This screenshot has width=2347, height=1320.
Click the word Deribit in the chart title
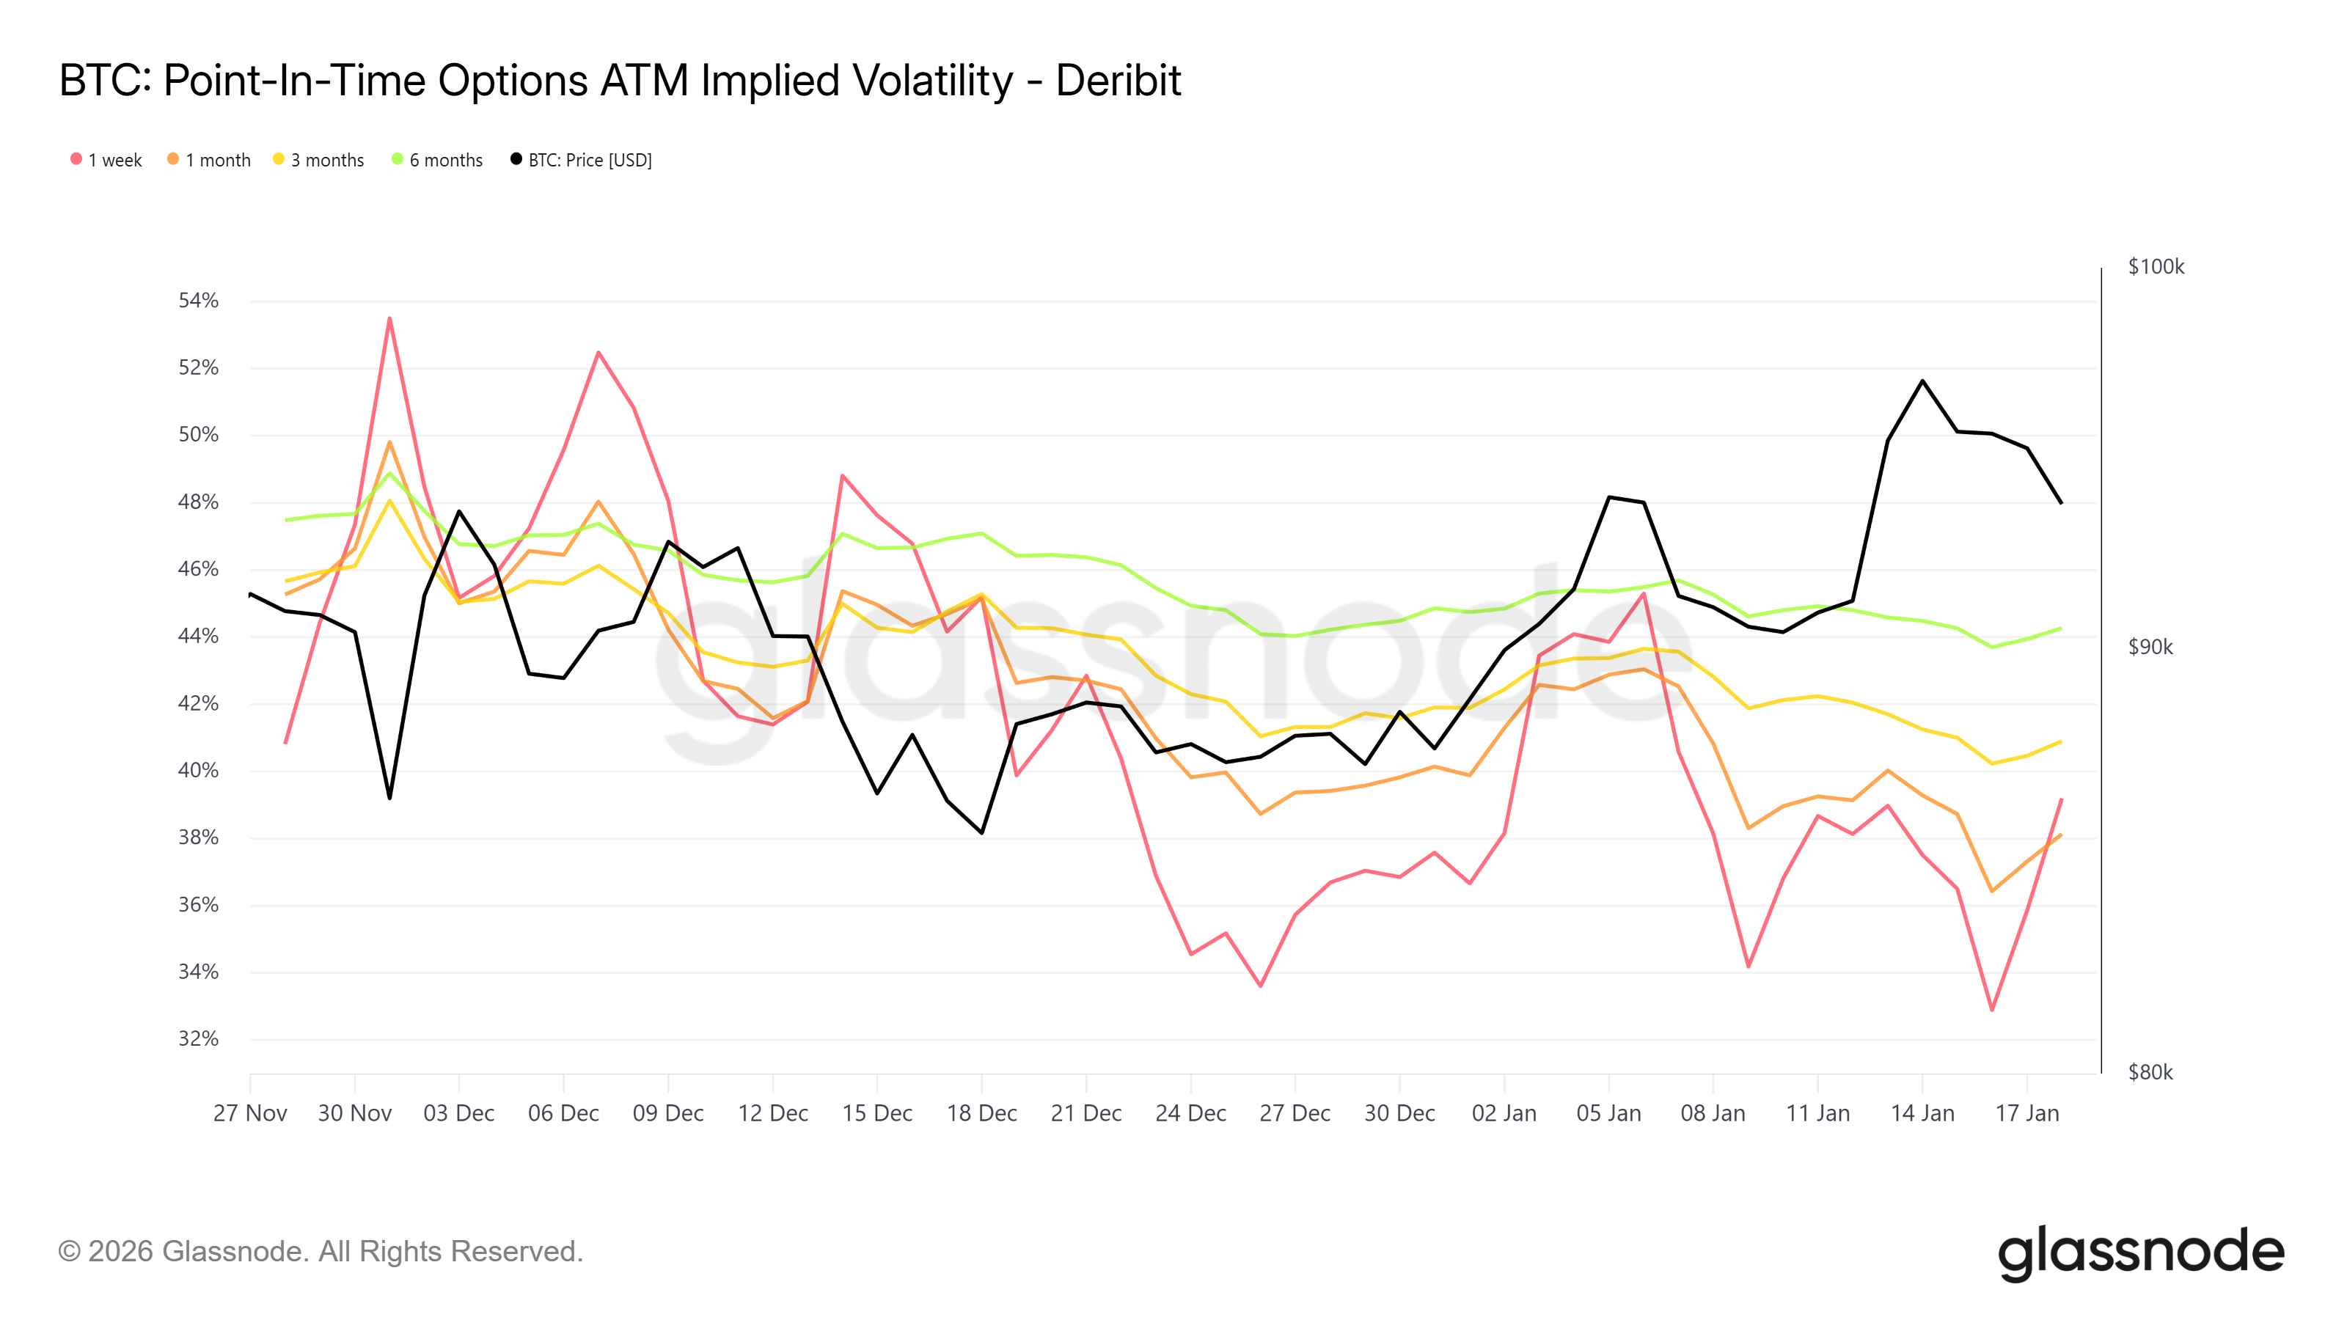(1117, 81)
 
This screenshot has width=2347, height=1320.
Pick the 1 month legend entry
(210, 161)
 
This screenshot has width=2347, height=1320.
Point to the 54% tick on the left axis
(199, 301)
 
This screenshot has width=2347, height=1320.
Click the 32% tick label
(199, 1038)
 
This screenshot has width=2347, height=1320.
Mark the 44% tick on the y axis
(199, 636)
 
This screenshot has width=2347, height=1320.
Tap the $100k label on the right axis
(2156, 267)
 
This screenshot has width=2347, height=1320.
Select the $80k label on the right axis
(2150, 1072)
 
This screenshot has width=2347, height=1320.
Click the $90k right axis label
(2150, 647)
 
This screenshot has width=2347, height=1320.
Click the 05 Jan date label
(1608, 1113)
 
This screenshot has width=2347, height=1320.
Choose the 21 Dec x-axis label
(1086, 1113)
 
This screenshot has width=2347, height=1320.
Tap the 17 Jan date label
(2026, 1113)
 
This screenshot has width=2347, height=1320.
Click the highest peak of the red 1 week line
(390, 318)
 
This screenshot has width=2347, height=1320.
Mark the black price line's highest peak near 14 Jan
(1922, 381)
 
